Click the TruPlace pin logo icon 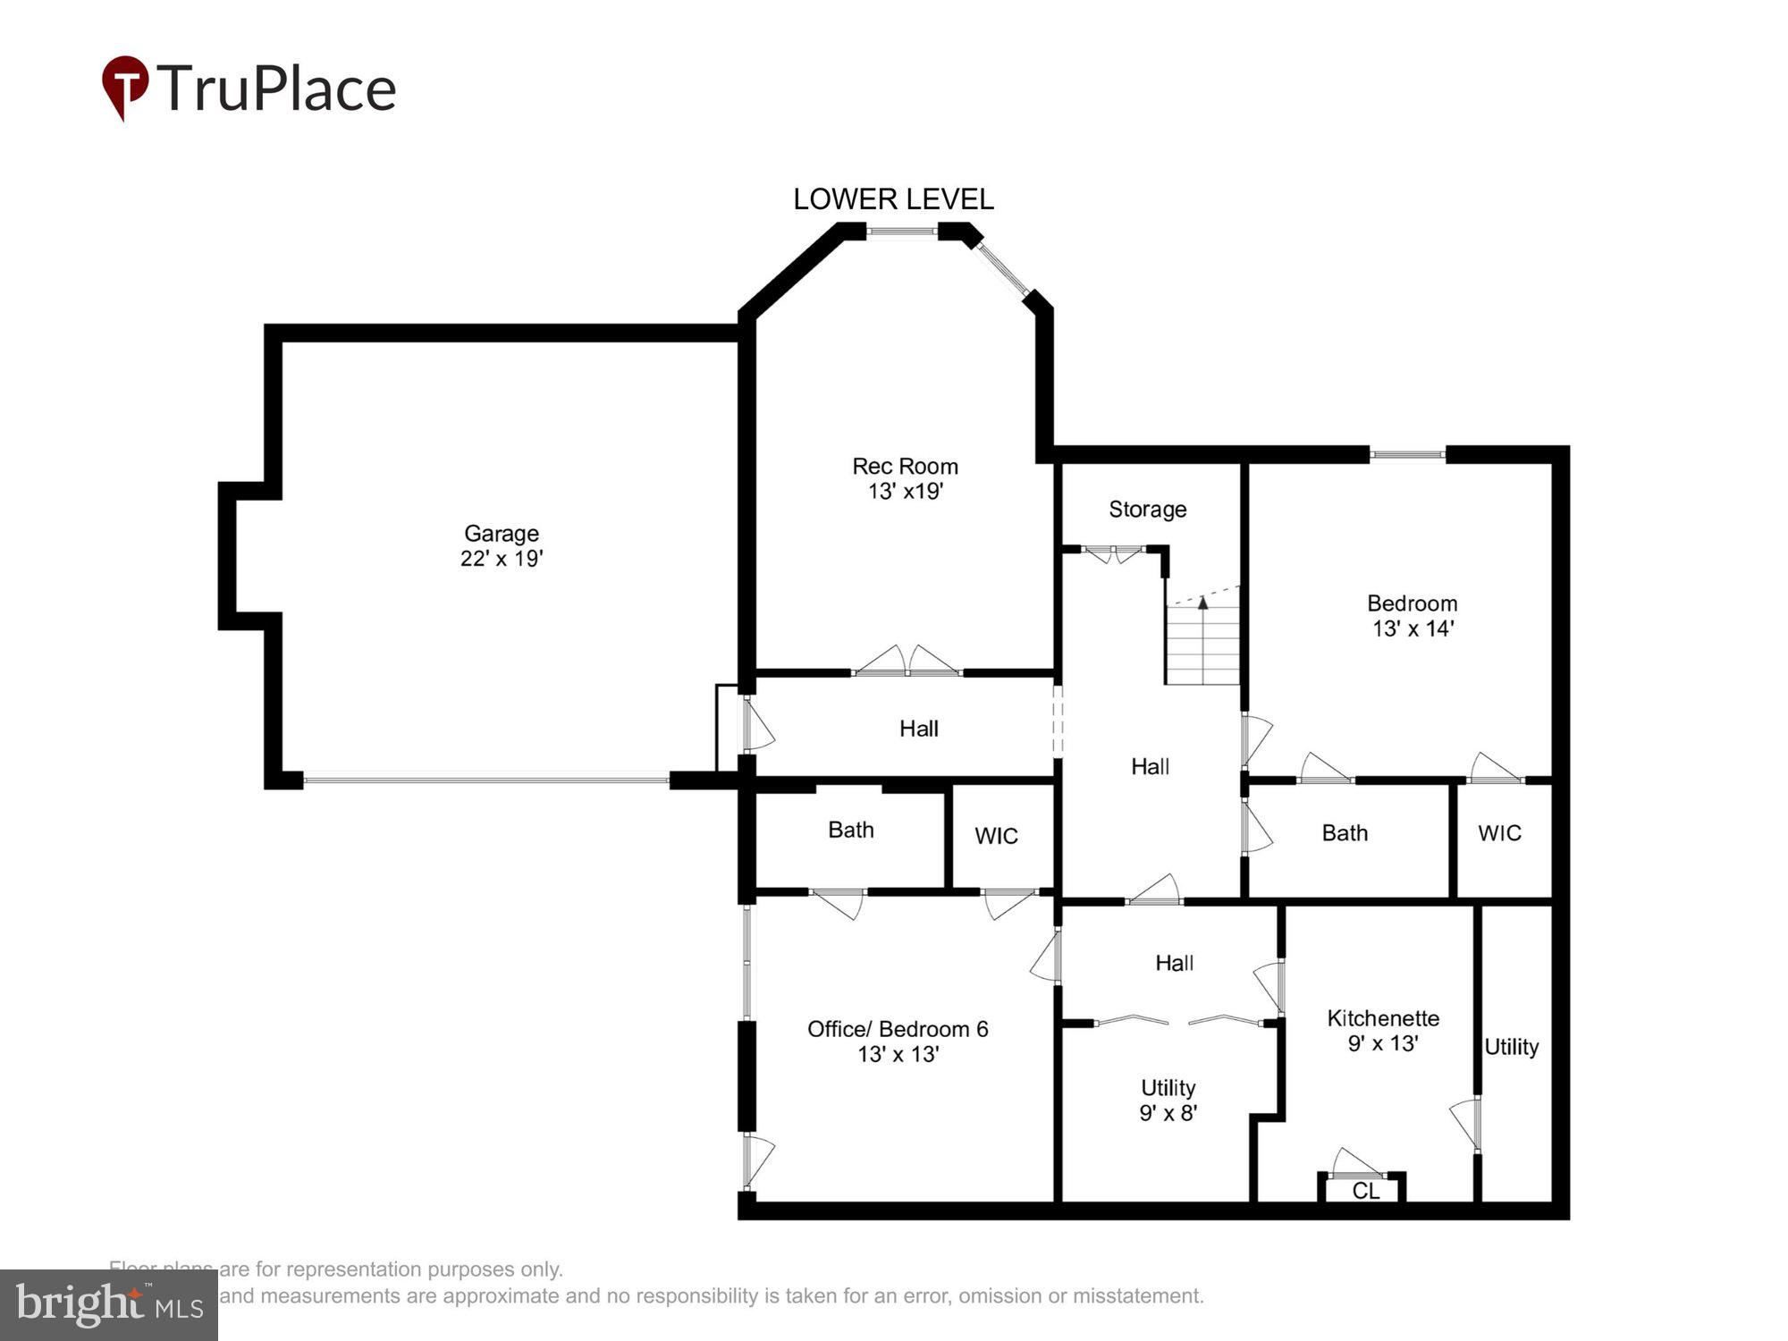[x=125, y=87]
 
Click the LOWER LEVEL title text [x=893, y=199]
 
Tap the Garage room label [x=501, y=534]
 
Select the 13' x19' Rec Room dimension [x=905, y=491]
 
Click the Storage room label [x=1147, y=510]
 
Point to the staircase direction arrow [x=1203, y=603]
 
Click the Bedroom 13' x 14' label [x=1412, y=615]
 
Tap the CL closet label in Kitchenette [x=1365, y=1191]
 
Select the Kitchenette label [x=1383, y=1018]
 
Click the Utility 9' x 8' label [x=1168, y=1100]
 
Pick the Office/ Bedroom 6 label [x=898, y=1029]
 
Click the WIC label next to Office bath [x=996, y=836]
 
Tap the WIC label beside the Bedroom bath [x=1499, y=833]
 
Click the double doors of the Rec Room [x=907, y=662]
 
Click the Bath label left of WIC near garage [x=850, y=831]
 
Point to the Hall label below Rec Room [x=918, y=729]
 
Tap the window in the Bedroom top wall [x=1407, y=455]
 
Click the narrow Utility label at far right [x=1511, y=1047]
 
